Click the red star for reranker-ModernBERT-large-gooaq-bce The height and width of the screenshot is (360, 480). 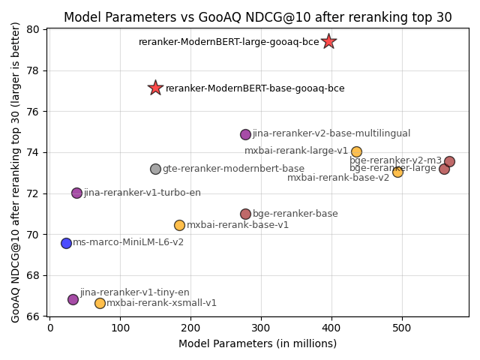point(328,41)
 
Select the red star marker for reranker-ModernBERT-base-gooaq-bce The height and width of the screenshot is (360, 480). point(155,88)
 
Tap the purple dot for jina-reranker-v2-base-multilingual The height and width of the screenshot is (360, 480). point(245,134)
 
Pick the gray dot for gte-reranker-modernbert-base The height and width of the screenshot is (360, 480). point(155,169)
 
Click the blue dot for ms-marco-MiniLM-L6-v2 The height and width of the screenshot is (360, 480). point(66,243)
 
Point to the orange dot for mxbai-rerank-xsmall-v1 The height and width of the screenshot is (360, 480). point(100,303)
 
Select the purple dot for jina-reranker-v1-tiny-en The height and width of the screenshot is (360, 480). point(73,299)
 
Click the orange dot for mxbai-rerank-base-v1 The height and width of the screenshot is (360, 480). point(179,225)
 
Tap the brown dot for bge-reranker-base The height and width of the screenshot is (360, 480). point(245,214)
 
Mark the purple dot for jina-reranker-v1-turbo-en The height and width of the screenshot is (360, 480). point(76,193)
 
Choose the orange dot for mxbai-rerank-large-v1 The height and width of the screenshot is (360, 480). point(356,151)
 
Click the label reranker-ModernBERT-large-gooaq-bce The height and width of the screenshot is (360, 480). point(229,42)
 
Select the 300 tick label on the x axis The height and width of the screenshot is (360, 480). point(261,328)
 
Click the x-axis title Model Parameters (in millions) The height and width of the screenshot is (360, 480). point(257,343)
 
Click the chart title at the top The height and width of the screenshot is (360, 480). point(257,17)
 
